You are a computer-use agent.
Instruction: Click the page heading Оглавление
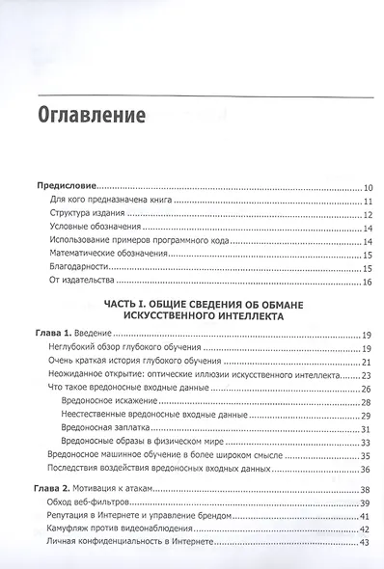click(91, 114)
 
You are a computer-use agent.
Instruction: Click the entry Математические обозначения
click(110, 255)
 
